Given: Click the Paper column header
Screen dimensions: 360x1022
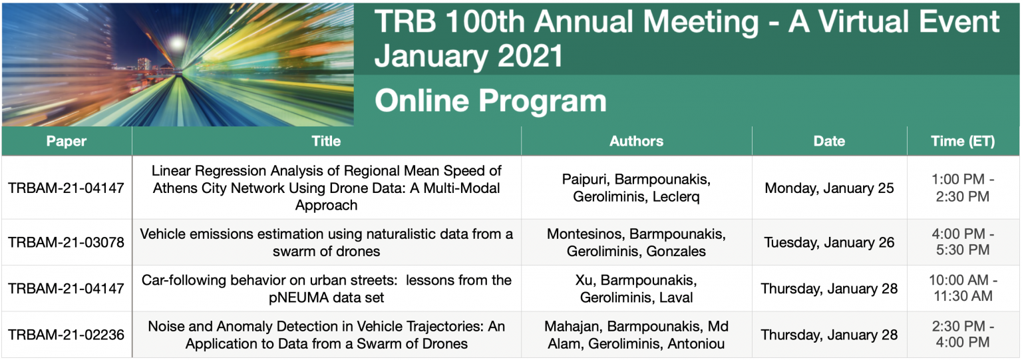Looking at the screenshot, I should coord(67,141).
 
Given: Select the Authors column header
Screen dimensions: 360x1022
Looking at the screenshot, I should coord(636,141).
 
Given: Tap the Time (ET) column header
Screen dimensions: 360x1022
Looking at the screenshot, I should coord(963,141).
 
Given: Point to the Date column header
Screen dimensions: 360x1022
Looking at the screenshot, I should coord(829,141).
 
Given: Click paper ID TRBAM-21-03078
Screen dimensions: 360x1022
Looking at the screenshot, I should coord(67,242).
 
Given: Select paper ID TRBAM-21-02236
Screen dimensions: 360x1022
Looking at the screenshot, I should coord(67,335).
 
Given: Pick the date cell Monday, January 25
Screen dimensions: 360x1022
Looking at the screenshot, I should coord(829,188).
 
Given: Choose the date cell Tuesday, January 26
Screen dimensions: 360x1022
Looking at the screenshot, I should coord(829,242).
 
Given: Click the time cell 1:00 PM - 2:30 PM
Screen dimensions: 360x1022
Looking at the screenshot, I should coord(963,188).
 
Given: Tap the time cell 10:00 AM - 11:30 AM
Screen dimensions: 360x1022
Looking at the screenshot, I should coord(963,288).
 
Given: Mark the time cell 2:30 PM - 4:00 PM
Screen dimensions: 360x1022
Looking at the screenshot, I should coord(963,335).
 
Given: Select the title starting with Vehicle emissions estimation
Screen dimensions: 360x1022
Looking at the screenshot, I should coord(326,242).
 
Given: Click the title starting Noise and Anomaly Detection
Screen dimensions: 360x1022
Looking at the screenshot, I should coord(326,335).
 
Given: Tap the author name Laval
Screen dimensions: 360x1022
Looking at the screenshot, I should coord(675,297).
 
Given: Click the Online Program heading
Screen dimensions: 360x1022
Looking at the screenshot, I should coord(490,101).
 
